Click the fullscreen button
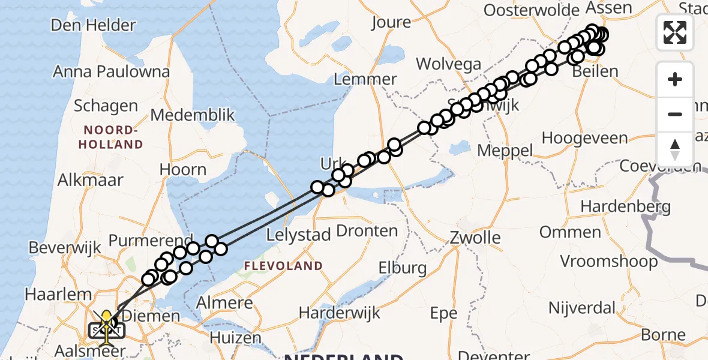675,32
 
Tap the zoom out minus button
675,114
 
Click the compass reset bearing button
675,149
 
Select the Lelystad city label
298,235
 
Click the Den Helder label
93,25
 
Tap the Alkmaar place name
91,179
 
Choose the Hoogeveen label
584,138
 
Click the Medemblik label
193,115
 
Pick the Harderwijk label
340,312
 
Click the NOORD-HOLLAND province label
113,137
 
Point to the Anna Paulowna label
111,71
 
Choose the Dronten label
367,230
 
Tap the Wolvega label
449,64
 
